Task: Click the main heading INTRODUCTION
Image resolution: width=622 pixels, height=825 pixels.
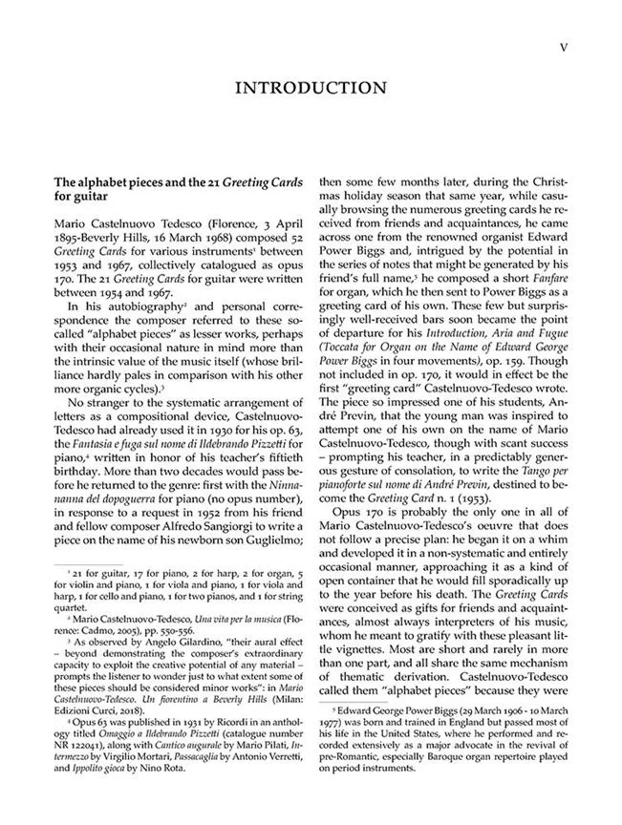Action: coord(311,89)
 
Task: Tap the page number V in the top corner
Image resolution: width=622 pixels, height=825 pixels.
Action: coord(564,46)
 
